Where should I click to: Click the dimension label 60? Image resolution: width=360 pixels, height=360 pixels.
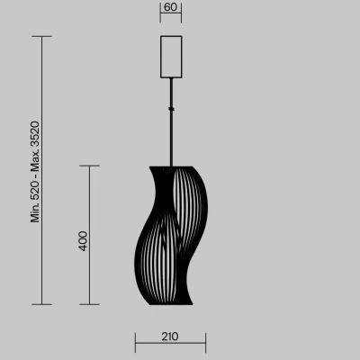[171, 7]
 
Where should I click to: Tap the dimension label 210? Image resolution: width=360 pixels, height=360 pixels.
[170, 337]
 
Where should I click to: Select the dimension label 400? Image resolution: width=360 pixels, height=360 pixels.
[83, 241]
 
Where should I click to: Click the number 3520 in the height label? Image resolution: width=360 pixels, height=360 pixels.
[35, 134]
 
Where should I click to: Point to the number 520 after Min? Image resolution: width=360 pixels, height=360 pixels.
[35, 191]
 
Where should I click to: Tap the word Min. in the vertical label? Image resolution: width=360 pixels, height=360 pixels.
[35, 212]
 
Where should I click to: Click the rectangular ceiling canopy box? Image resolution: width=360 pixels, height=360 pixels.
[171, 57]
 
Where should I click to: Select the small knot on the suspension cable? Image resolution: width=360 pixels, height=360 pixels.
[171, 109]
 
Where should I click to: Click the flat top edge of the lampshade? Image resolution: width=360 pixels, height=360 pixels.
[171, 166]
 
